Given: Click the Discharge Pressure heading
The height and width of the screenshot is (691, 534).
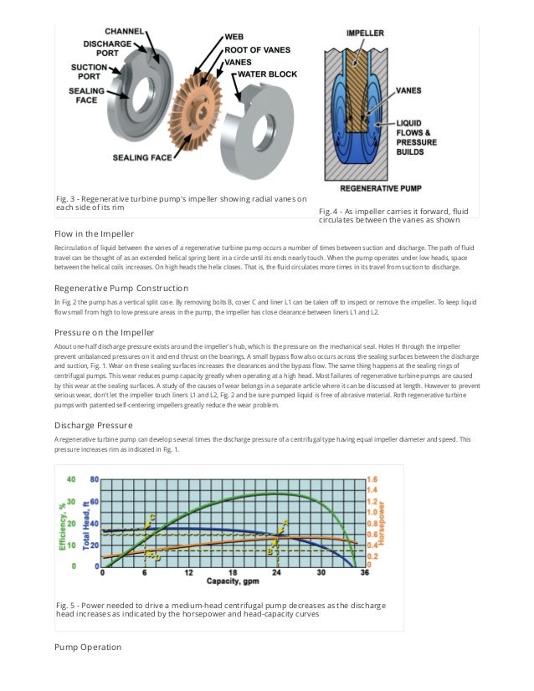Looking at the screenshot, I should coord(91,425).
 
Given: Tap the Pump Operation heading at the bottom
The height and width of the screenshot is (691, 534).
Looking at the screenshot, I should coord(88,647).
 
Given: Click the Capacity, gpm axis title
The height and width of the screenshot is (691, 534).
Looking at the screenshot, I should coord(234,581).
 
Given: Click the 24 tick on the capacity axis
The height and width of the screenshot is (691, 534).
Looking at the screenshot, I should coord(277,573).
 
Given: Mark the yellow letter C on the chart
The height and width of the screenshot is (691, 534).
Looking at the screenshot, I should coord(151,517).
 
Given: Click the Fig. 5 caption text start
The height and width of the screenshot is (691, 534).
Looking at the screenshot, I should coord(64,604).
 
